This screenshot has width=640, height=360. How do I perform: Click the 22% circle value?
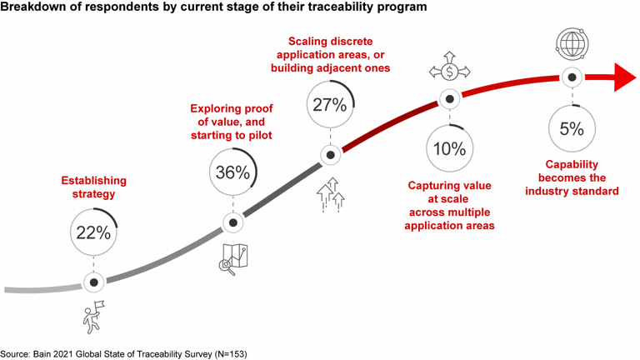(93, 232)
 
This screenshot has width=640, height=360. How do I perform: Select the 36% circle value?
(232, 172)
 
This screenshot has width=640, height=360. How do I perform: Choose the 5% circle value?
(571, 128)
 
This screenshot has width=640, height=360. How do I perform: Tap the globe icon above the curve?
(571, 43)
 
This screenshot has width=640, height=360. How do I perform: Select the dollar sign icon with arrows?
(449, 70)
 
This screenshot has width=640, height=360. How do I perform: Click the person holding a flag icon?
(92, 316)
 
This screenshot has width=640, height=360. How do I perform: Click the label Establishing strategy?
(94, 186)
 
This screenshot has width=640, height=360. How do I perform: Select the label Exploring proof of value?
(232, 122)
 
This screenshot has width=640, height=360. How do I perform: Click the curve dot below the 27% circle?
(331, 155)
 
